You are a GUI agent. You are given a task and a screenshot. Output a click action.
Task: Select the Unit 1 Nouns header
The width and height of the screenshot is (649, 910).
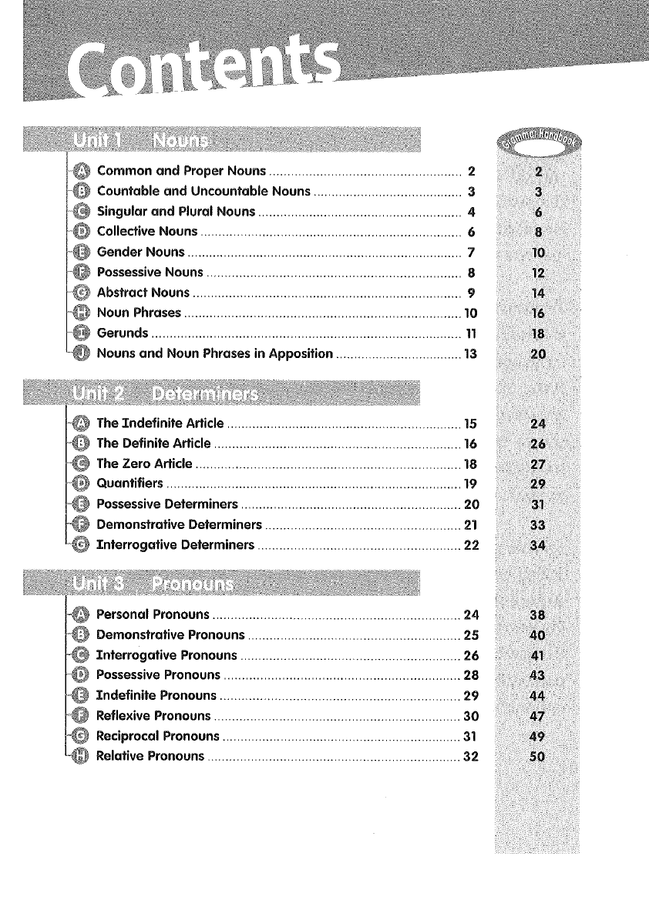(143, 142)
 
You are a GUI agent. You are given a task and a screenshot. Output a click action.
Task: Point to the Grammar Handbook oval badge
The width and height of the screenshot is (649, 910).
(540, 140)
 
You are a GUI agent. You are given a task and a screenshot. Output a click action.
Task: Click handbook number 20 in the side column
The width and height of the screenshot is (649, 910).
(538, 353)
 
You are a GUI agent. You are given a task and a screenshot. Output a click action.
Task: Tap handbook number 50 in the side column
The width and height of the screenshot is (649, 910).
(538, 756)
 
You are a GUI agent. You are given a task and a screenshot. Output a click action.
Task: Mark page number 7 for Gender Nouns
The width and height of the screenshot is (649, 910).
(470, 253)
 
